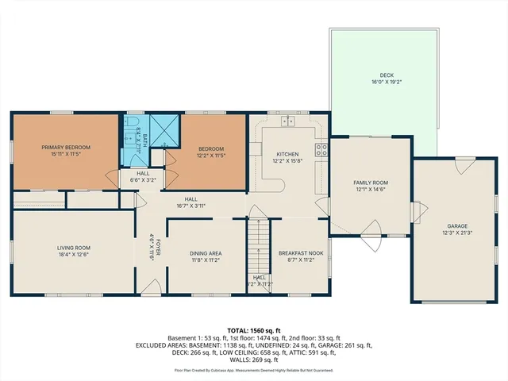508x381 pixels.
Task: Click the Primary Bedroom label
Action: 66,147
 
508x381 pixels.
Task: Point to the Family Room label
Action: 371,183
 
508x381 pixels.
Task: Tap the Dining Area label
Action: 205,253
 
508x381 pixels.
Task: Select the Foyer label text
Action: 157,245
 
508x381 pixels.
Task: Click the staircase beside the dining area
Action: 259,246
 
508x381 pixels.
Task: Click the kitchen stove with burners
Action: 321,148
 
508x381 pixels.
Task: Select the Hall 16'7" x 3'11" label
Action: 191,202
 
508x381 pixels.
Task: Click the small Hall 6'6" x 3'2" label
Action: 143,176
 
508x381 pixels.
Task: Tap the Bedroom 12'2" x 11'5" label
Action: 211,152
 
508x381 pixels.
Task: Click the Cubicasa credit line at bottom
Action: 254,370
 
